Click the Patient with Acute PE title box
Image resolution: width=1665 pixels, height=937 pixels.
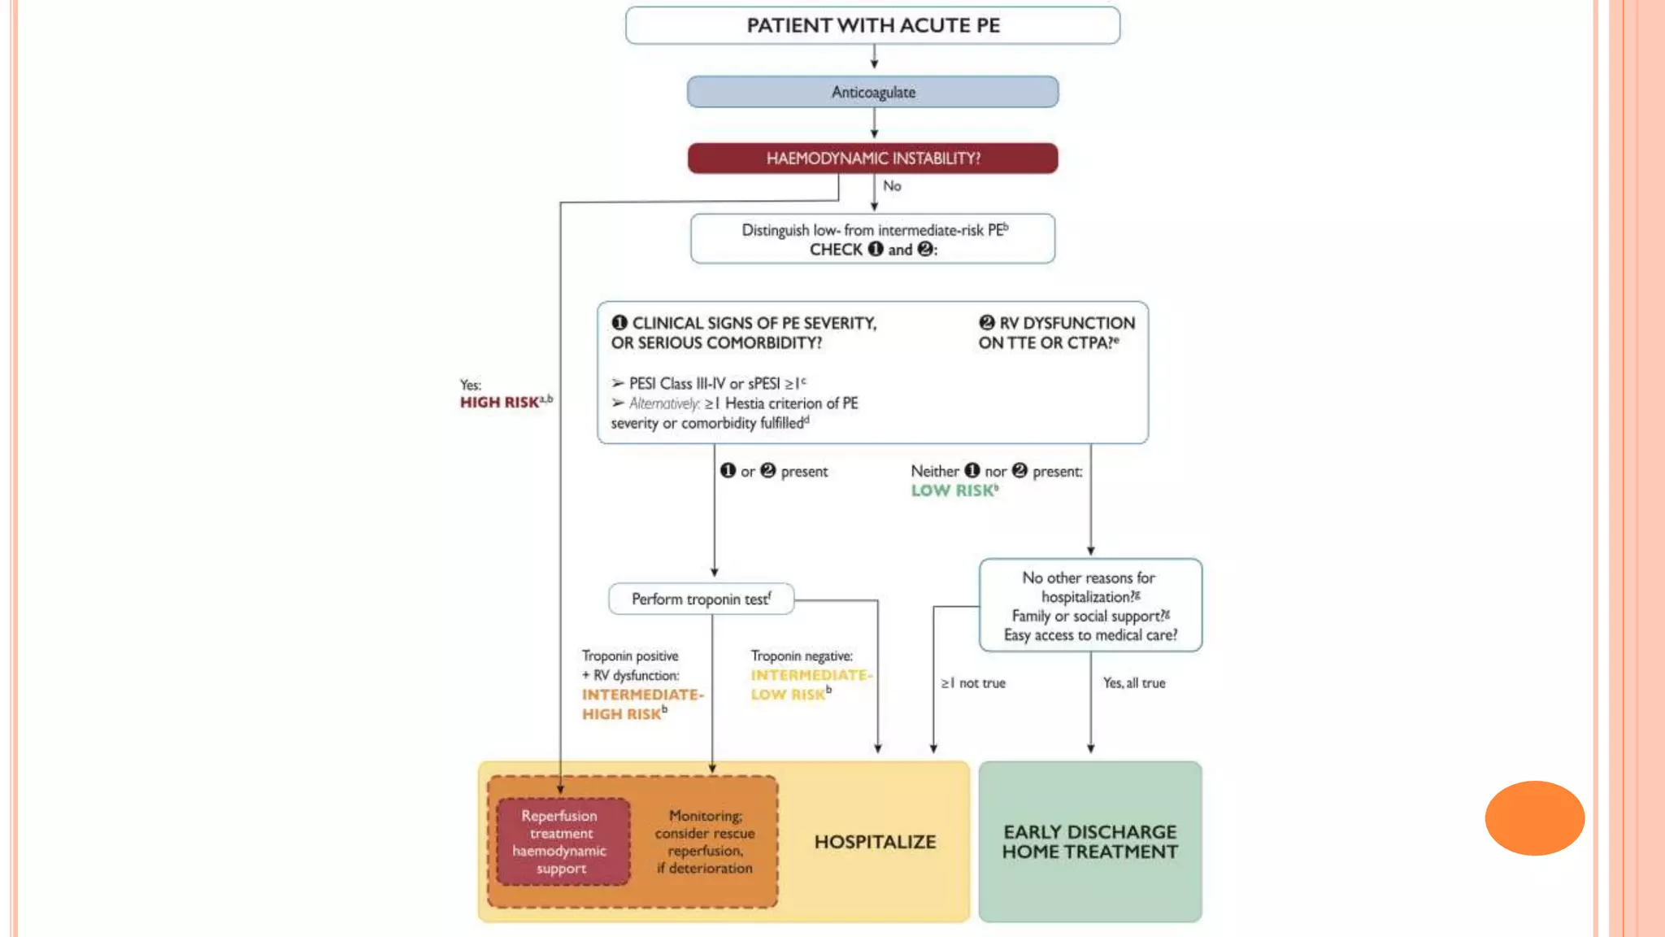coord(872,25)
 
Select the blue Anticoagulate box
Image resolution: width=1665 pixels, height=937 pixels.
coord(872,92)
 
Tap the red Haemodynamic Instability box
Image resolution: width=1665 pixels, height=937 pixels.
coord(872,158)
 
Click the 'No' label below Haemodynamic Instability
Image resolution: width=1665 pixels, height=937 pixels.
coord(892,186)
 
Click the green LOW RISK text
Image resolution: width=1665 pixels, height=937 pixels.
coord(953,490)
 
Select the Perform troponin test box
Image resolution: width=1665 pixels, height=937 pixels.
coord(701,599)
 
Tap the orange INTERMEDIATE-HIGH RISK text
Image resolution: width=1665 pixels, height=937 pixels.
coord(641,704)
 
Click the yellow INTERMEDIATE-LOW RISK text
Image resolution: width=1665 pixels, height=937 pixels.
coord(809,685)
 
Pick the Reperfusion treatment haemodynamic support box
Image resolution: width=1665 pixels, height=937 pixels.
coord(560,842)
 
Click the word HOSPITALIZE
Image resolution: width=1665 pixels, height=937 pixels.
coord(875,842)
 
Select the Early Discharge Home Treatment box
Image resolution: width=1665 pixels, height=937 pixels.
coord(1089,842)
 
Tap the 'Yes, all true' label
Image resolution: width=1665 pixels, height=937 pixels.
coord(1133,683)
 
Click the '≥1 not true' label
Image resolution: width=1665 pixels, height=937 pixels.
coord(973,683)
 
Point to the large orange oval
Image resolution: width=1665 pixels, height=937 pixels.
coord(1534,817)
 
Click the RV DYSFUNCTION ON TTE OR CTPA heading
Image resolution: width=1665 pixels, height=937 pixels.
coord(1055,333)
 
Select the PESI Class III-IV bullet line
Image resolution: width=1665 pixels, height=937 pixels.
coord(709,383)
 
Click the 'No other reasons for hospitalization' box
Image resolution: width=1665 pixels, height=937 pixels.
coord(1089,606)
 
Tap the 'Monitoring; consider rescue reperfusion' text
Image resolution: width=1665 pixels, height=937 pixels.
coord(705,842)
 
